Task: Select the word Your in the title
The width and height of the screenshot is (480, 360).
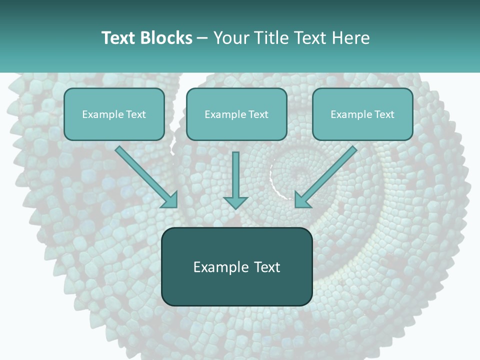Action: click(230, 38)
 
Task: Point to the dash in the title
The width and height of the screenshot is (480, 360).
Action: click(203, 38)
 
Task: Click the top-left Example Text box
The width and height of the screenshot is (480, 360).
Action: click(114, 114)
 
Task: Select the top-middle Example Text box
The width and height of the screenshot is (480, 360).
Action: click(236, 114)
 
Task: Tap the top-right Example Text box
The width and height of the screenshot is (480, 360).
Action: click(362, 114)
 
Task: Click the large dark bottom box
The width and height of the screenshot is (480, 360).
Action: click(236, 266)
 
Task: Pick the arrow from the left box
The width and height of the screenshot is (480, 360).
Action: click(145, 175)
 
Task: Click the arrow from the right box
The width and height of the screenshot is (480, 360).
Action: click(327, 175)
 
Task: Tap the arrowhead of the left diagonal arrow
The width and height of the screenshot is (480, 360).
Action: click(171, 201)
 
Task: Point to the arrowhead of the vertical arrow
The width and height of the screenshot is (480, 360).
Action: click(235, 202)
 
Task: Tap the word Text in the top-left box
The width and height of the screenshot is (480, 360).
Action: click(135, 114)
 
